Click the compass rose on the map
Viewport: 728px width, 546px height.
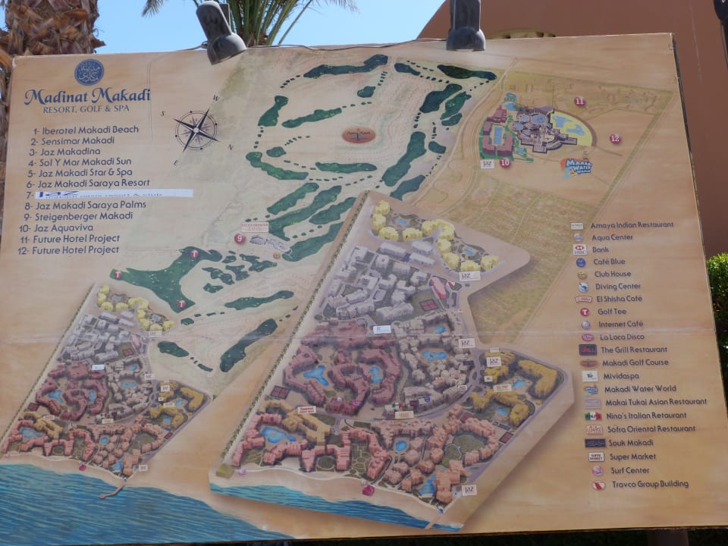(x=196, y=130)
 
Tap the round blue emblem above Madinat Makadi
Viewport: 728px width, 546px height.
(x=89, y=72)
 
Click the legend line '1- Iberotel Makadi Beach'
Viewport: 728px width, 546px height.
(x=85, y=130)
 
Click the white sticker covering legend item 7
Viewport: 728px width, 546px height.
(x=114, y=194)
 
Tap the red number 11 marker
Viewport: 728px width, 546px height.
(x=579, y=102)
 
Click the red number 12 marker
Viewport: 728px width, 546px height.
(x=615, y=139)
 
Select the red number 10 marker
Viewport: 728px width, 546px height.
(x=505, y=162)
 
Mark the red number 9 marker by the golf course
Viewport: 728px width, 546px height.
(x=240, y=238)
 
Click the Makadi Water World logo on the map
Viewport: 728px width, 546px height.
(x=577, y=166)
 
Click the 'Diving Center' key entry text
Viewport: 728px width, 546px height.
(x=618, y=287)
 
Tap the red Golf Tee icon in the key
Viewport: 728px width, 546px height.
(x=585, y=312)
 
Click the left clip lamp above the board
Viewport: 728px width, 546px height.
(x=221, y=31)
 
